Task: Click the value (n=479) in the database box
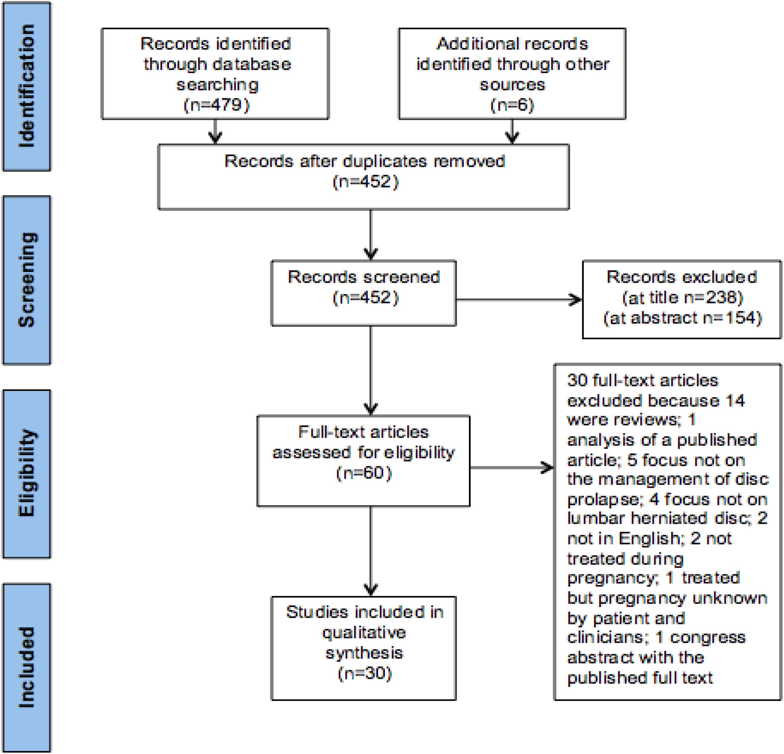216,105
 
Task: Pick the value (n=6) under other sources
512,105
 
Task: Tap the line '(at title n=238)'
682,297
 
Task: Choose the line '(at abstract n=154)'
682,318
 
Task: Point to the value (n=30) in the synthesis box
364,674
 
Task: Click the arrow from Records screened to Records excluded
519,299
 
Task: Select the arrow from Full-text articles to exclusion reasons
512,467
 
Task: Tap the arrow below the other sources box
512,131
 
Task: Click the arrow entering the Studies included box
371,551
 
